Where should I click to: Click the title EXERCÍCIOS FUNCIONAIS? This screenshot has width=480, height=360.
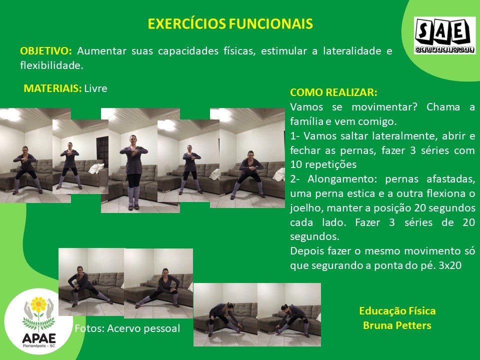pos(230,23)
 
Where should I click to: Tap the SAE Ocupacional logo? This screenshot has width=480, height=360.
pos(444,35)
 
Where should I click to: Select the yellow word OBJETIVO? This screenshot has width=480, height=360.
pos(45,51)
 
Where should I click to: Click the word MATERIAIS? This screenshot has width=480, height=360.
pos(52,88)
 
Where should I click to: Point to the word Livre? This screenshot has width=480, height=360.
pos(96,88)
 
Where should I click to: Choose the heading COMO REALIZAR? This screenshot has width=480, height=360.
pos(333,92)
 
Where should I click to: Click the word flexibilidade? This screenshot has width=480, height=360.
pos(51,65)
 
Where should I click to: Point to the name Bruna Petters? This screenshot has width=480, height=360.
pos(397,325)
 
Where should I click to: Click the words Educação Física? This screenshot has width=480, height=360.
pos(397,311)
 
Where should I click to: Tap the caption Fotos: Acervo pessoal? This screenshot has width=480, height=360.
pos(127,328)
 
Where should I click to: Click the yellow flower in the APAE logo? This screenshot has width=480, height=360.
pos(38,304)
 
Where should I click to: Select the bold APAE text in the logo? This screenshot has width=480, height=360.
pos(39,338)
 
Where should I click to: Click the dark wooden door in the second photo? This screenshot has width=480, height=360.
pos(102,151)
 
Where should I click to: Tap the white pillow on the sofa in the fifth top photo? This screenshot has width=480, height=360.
pos(279,174)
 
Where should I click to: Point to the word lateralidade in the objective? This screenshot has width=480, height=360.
pos(352,51)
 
